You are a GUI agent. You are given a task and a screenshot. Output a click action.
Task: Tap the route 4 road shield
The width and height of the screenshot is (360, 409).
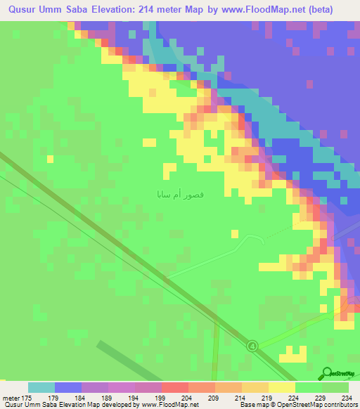coord(252,344)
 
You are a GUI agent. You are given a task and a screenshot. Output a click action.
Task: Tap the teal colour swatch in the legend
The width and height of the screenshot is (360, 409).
coord(41,388)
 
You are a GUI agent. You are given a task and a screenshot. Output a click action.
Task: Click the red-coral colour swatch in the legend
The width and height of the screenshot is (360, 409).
coord(174,388)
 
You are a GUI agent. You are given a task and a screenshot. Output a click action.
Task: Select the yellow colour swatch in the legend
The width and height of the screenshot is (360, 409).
coord(281,388)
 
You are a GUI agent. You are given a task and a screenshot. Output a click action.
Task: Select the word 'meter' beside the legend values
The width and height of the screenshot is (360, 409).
coord(11,398)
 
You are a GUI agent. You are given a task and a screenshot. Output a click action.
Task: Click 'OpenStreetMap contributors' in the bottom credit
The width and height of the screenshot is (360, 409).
coord(321,405)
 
